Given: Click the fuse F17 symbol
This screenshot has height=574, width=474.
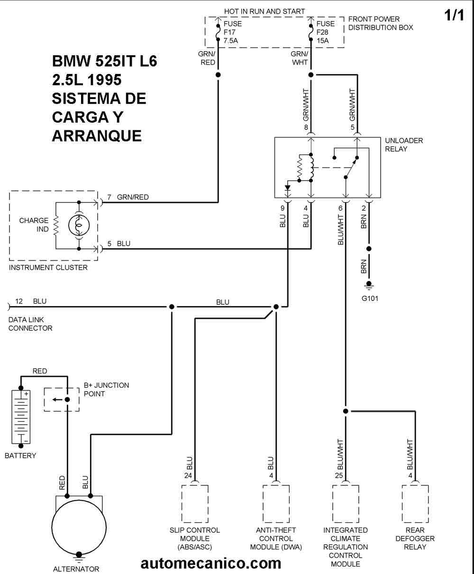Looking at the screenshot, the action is tap(218, 33).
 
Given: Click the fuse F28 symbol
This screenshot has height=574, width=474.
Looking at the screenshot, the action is tap(311, 33).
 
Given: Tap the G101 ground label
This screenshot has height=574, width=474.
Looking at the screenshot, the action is tap(370, 298).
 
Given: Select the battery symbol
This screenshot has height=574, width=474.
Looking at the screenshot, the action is tap(21, 417).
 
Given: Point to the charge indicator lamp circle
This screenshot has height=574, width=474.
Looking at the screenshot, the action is tap(79, 226).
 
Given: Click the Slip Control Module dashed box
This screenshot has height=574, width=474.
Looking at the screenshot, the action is tap(195, 504).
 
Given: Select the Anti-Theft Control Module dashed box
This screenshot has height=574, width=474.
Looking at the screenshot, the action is tap(276, 504).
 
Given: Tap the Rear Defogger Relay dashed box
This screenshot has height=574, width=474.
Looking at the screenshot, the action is tap(415, 504).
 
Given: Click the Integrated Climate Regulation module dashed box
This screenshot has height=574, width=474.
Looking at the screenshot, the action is tap(346, 504).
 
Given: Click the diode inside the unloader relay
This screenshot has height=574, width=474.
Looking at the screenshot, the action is tap(288, 188).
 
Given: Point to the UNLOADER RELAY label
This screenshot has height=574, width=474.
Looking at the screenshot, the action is tap(404, 145).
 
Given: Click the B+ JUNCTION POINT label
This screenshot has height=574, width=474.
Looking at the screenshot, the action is tap(106, 389).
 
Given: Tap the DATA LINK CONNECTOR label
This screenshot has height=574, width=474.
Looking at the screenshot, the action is tap(30, 324).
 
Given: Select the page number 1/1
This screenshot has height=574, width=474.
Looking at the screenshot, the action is tap(454, 15).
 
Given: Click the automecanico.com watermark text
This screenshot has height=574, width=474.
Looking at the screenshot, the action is tap(211, 563).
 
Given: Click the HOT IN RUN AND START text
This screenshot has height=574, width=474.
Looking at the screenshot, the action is tap(264, 11).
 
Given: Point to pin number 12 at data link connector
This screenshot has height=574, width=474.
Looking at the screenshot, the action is tap(18, 301).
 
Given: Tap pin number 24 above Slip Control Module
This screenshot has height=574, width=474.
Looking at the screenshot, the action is tap(188, 475).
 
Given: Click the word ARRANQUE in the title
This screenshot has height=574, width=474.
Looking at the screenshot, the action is tap(97, 136).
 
